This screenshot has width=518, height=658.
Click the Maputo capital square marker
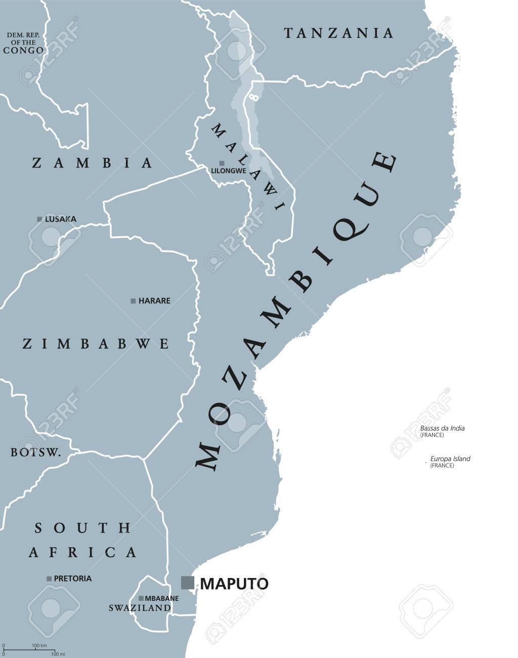point(188,583)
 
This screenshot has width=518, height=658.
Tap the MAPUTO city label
point(234,584)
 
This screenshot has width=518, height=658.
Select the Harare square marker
point(133,301)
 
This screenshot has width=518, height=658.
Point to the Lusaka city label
point(61,219)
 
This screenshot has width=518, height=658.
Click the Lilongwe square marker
point(222,163)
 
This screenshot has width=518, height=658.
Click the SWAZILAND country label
point(140,608)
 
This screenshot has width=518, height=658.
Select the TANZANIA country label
point(338,33)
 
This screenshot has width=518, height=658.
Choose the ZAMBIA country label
point(92,162)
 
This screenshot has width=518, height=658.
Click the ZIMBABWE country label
point(96,344)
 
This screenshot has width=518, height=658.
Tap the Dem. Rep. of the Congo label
point(23,43)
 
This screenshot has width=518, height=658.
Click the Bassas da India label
point(442,428)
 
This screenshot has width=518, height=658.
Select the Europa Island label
point(450,459)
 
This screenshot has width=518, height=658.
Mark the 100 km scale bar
point(24,649)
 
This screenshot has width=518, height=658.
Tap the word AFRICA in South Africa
point(82,551)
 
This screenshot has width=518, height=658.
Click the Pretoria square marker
point(49,578)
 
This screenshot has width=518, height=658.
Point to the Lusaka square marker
point(39,219)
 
